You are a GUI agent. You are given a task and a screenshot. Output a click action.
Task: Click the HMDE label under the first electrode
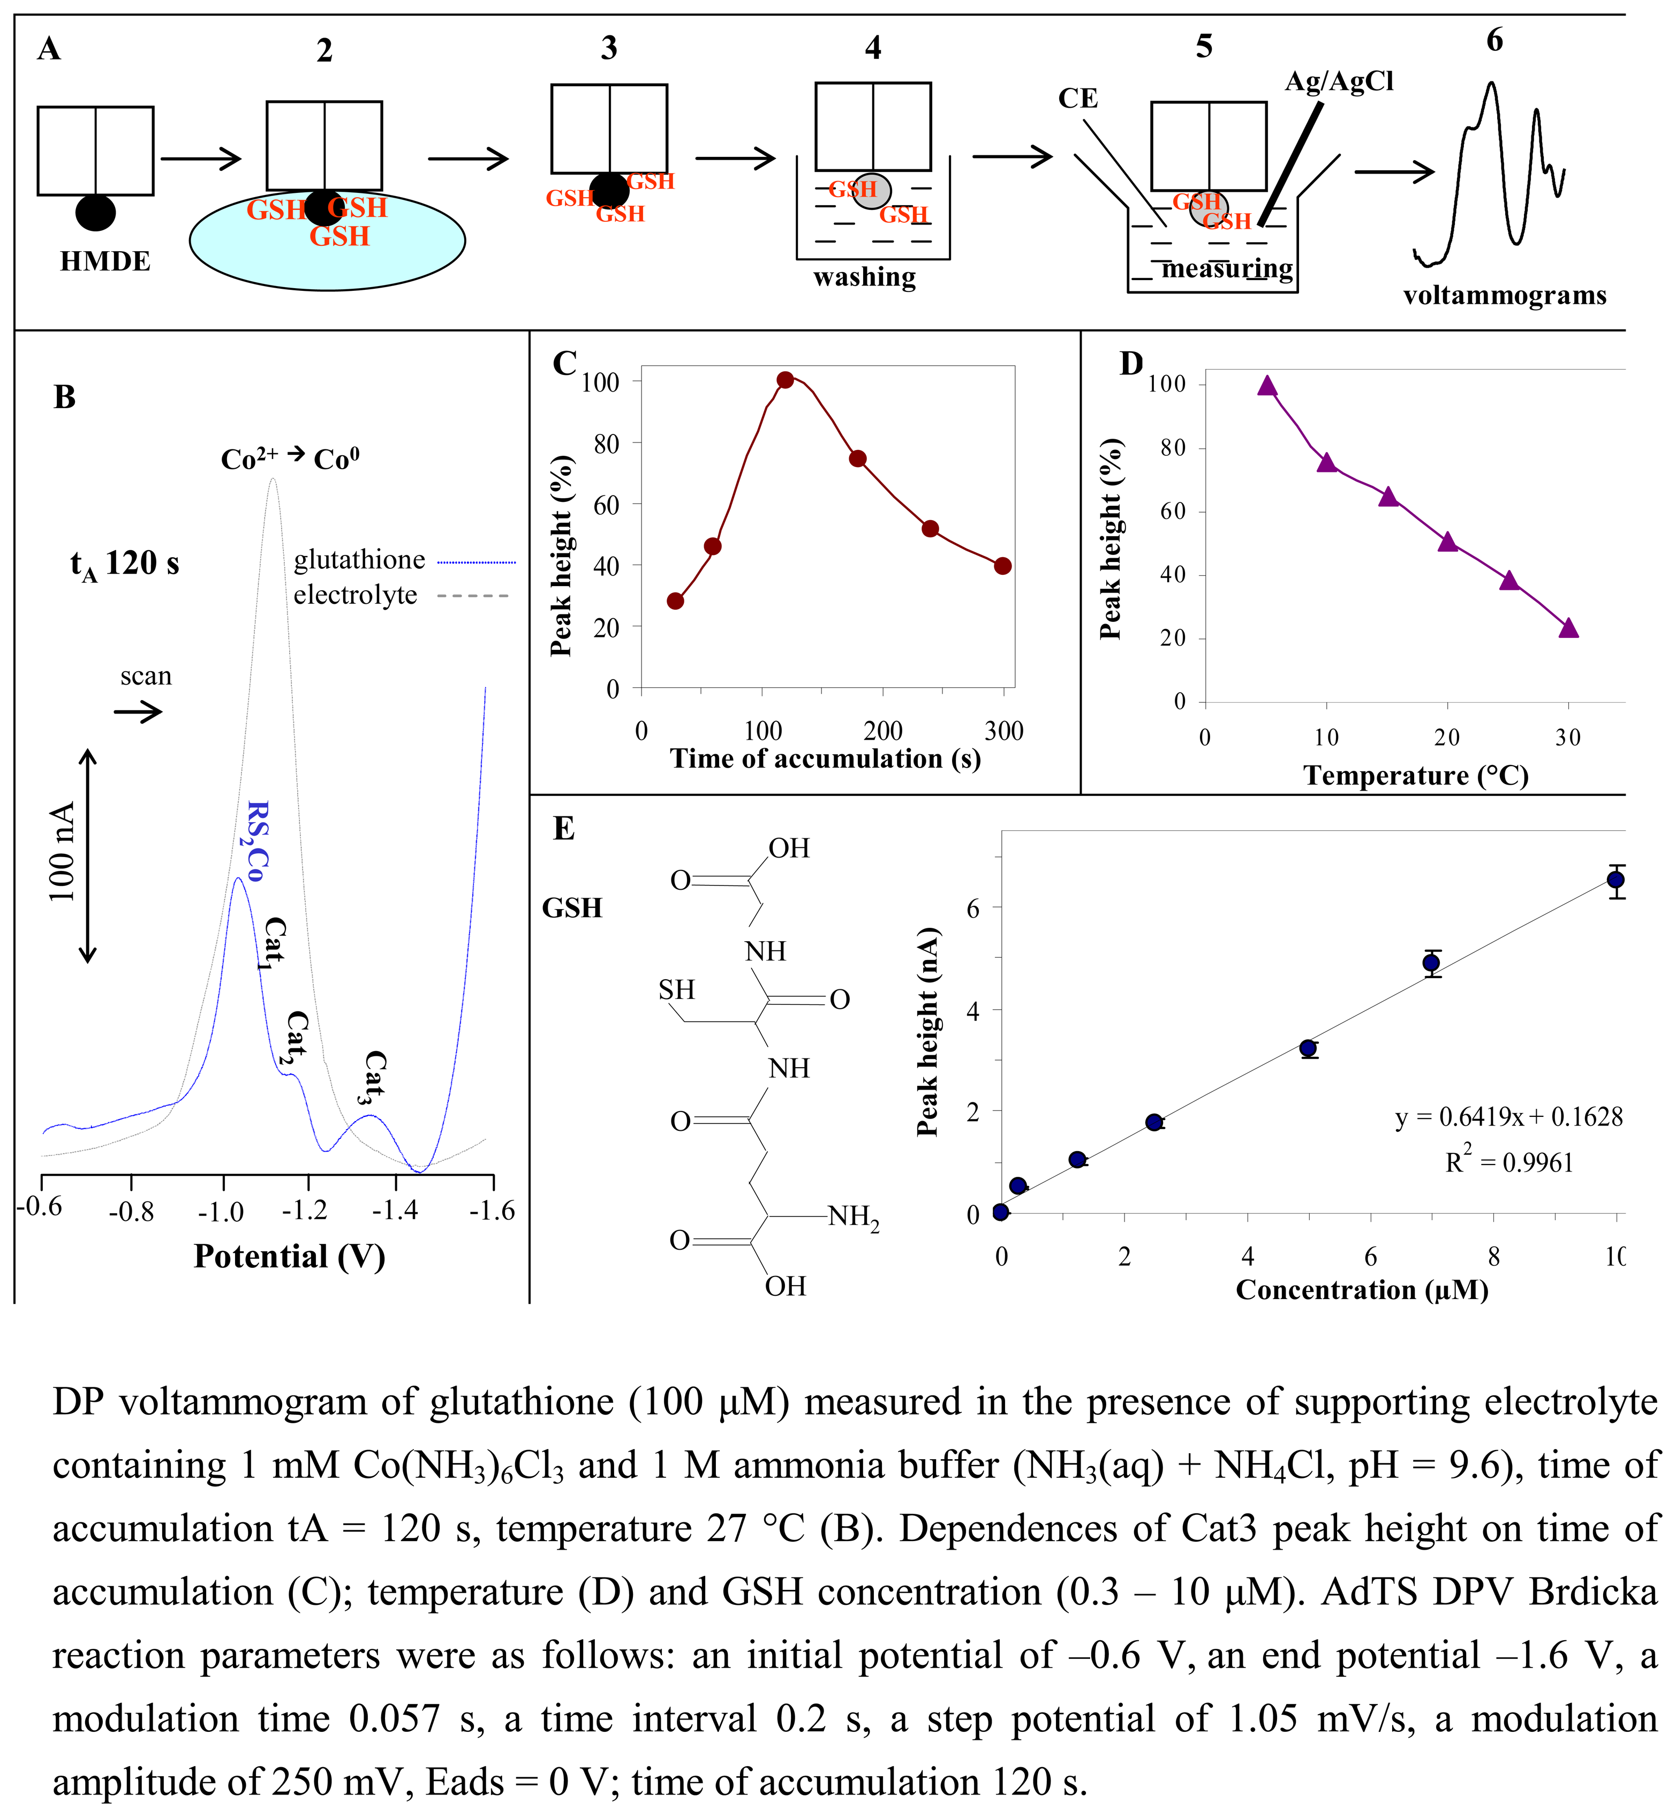coord(105,261)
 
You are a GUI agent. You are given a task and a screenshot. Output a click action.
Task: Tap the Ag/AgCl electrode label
coord(1339,81)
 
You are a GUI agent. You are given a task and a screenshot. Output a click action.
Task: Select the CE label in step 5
coord(1077,98)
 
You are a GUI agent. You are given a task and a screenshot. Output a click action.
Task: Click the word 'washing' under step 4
coord(864,277)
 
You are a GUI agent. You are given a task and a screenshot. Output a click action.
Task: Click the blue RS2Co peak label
coord(256,841)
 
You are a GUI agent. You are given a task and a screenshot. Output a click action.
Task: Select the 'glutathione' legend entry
coord(359,560)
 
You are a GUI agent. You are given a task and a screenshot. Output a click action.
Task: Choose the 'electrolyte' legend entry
coord(354,595)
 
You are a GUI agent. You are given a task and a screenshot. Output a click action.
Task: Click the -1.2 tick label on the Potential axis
coord(306,1211)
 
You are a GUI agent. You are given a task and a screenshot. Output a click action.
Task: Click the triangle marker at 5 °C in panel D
coord(1267,386)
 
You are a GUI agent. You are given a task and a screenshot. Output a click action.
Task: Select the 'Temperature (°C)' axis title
coord(1416,776)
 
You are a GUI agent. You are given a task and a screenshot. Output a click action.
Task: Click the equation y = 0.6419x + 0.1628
coord(1508,1117)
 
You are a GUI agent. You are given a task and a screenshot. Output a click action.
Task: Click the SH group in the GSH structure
coord(677,990)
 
